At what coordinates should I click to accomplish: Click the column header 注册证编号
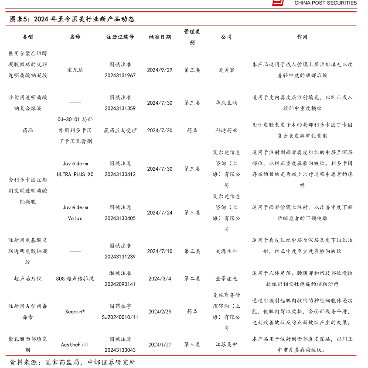click(120, 37)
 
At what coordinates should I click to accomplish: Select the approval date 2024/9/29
click(160, 70)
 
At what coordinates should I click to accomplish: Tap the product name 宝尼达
click(75, 70)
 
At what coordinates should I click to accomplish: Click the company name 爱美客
click(226, 70)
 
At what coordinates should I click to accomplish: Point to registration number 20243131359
click(120, 108)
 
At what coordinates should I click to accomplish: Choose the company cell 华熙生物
click(226, 103)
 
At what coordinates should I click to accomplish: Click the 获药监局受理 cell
click(120, 131)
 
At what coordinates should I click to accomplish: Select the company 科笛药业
click(226, 131)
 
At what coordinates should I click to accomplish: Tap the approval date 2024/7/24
click(160, 213)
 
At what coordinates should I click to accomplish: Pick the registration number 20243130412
click(120, 174)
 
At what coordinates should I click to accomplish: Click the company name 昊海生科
click(226, 251)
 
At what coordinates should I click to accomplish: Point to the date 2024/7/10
click(160, 251)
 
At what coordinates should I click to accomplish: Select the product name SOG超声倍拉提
click(75, 279)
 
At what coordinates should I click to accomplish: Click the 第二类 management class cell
click(192, 279)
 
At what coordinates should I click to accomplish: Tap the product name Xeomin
click(75, 312)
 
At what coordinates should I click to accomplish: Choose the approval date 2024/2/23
click(160, 312)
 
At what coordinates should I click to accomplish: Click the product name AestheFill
click(75, 344)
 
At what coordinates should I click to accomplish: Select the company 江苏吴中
click(226, 344)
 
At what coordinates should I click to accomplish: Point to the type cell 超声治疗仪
click(27, 279)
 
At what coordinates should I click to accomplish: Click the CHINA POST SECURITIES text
click(325, 3)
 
